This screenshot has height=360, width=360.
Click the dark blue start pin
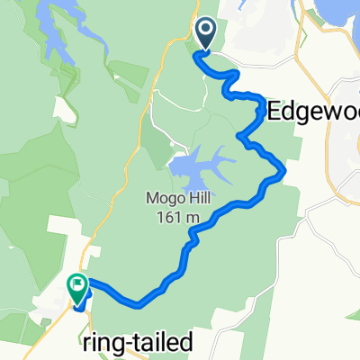(x=206, y=34)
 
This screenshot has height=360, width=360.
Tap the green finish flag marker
(x=76, y=288)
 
